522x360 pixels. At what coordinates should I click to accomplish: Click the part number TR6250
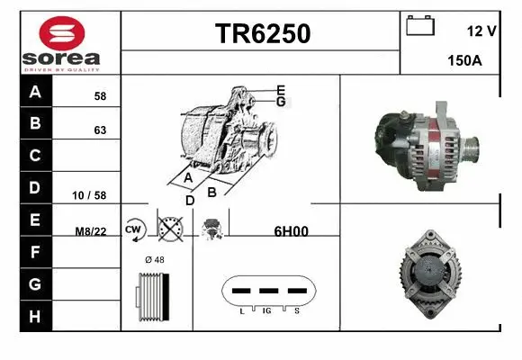click(x=262, y=34)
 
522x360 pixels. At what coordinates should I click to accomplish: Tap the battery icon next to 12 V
click(x=420, y=26)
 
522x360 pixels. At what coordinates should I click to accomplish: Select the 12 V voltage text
click(x=481, y=31)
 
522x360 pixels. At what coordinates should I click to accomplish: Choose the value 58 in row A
click(x=100, y=95)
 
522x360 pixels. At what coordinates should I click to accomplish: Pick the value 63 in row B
click(x=100, y=130)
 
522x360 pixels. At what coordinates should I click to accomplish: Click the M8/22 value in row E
click(x=91, y=230)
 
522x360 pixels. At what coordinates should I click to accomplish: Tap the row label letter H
click(x=35, y=316)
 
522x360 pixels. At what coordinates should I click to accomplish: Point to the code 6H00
click(x=291, y=230)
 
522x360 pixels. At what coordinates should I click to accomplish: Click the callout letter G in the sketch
click(x=281, y=102)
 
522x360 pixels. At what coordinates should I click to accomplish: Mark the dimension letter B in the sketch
click(x=211, y=192)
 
